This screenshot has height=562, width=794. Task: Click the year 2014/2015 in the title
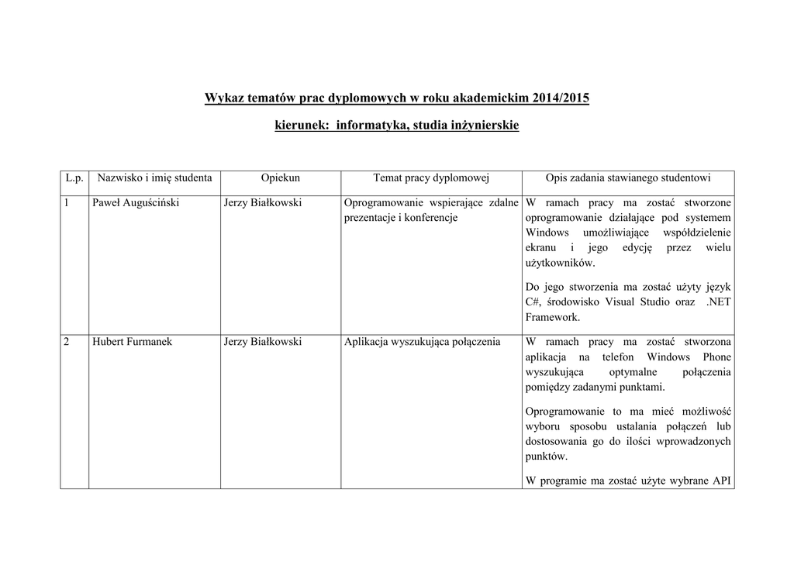(x=560, y=98)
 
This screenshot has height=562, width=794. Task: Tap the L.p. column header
(x=74, y=178)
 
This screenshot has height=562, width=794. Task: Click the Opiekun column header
(x=281, y=178)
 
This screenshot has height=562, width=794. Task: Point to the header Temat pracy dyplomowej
(x=431, y=178)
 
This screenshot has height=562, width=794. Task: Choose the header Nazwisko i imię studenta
(x=154, y=178)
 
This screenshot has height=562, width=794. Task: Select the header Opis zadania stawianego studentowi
(x=628, y=178)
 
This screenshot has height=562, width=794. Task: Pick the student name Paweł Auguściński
(x=136, y=203)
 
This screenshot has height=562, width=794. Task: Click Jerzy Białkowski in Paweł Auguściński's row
(x=262, y=203)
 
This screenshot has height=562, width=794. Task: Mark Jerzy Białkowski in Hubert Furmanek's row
(x=262, y=342)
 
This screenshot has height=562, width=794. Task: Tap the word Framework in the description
(x=552, y=317)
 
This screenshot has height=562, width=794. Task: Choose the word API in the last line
(x=722, y=481)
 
